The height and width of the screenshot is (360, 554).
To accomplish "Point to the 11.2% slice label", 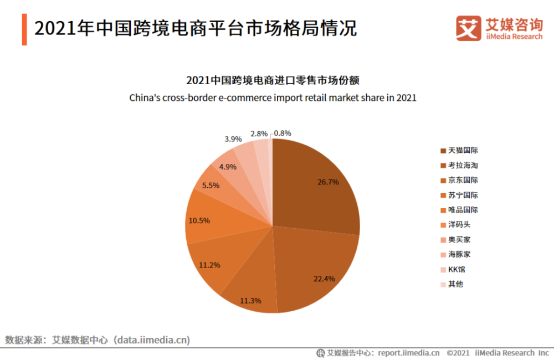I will [209, 265].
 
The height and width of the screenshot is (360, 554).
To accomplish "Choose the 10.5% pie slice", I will [208, 220].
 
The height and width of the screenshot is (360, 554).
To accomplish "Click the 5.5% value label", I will [211, 186].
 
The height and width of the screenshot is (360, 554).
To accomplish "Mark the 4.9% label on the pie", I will [228, 167].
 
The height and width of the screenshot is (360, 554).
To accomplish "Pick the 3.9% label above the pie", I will [233, 139].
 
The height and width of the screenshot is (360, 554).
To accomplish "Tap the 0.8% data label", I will [282, 133].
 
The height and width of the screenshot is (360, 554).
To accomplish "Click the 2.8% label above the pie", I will [259, 133].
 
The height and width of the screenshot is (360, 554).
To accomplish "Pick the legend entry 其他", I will [455, 284].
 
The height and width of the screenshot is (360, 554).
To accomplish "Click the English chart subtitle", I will [273, 97].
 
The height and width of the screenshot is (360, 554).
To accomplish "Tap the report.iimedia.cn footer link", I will [409, 353].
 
